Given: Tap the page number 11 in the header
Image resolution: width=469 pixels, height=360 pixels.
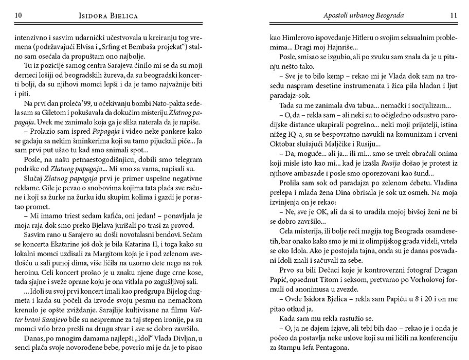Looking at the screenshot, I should coord(453,15).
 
